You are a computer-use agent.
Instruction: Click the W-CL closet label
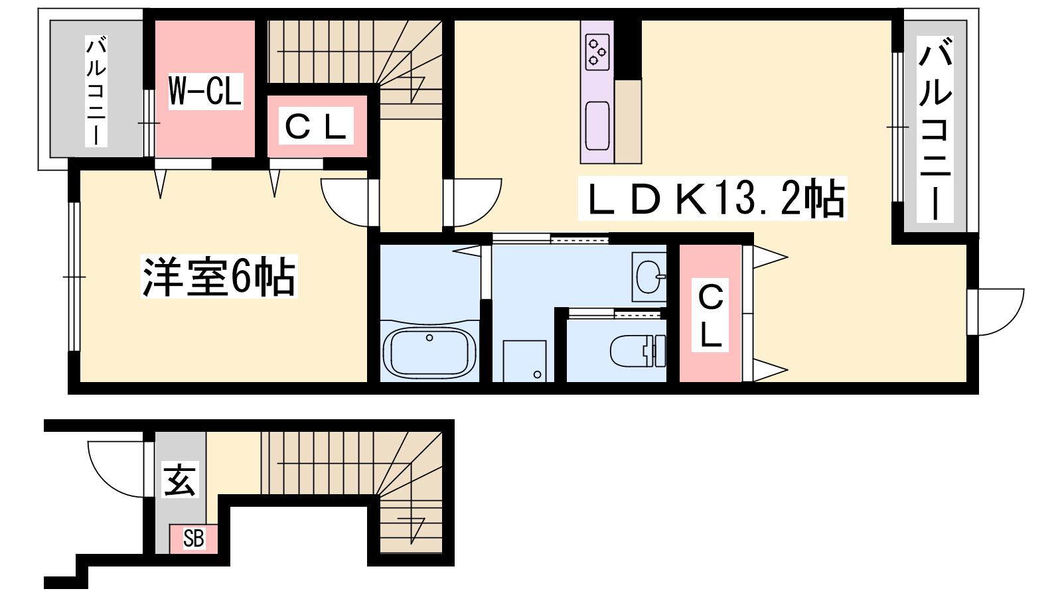coord(205,92)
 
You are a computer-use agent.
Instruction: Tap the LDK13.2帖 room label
coord(713,199)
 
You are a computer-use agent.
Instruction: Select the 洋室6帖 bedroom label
coord(219,276)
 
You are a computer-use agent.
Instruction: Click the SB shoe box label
coord(193,539)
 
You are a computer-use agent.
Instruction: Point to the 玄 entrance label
coord(180,480)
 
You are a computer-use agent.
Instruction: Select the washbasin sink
coord(649,277)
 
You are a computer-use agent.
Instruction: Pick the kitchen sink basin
coord(597,125)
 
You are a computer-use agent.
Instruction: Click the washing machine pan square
coord(525,361)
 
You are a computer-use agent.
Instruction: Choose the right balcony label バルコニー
coord(935,129)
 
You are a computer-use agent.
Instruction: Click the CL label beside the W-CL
coord(316,125)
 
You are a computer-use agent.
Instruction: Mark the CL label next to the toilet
coord(710,315)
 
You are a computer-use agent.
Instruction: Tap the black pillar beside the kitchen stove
coord(628,49)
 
